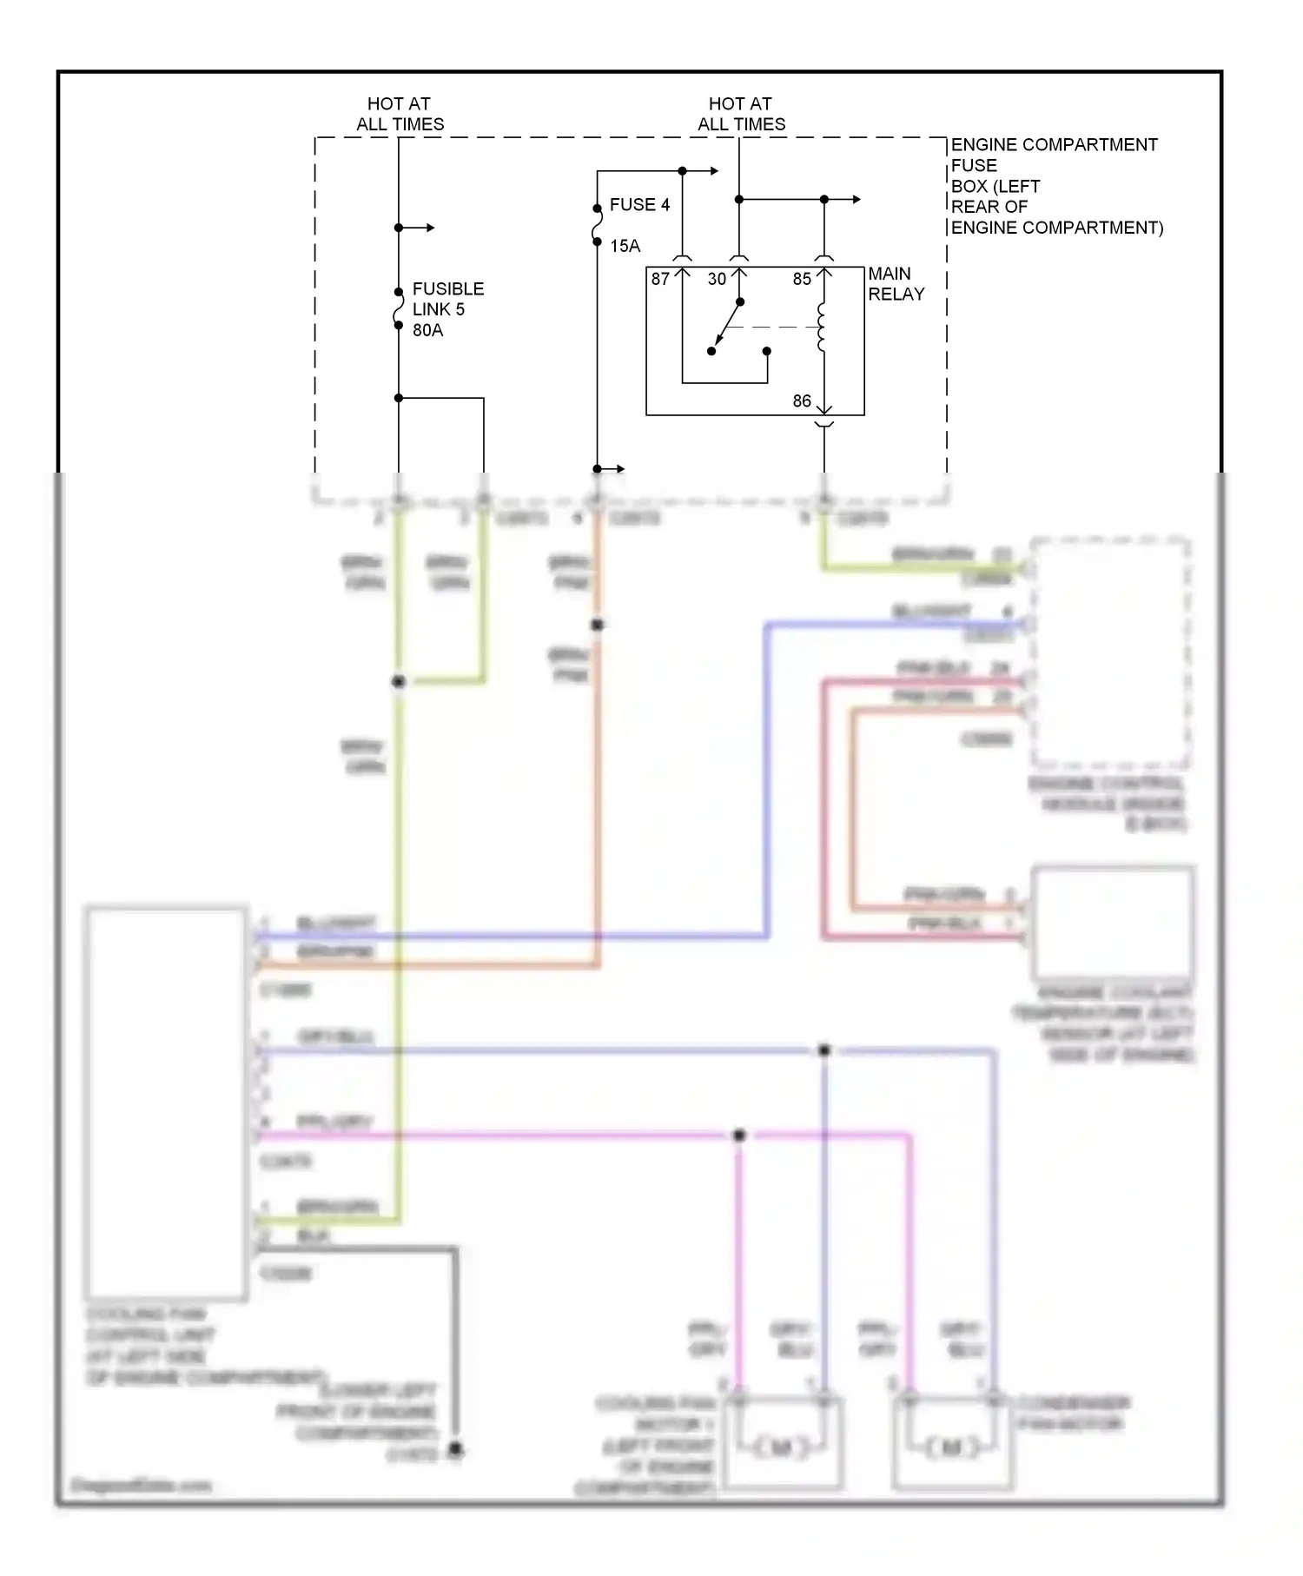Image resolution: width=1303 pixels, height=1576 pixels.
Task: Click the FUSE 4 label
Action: [x=639, y=205]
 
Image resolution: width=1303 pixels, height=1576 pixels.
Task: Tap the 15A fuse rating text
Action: [x=625, y=246]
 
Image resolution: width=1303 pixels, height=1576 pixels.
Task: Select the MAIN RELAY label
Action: [x=896, y=284]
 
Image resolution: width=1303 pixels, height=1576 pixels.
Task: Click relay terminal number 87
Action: [x=660, y=279]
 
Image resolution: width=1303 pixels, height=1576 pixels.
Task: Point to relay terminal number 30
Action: [x=717, y=279]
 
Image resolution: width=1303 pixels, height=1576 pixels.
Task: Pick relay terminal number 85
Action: [x=802, y=279]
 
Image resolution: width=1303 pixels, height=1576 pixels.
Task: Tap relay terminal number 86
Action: [x=802, y=401]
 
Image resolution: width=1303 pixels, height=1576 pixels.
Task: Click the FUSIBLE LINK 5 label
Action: [x=447, y=299]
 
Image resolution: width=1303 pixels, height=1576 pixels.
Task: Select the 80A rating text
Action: [x=427, y=330]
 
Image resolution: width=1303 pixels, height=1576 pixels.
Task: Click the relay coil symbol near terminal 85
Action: [x=822, y=328]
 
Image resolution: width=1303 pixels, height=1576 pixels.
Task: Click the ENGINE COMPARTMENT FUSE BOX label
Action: [x=1055, y=186]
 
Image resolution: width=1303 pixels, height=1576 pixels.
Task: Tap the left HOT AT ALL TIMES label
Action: [x=400, y=114]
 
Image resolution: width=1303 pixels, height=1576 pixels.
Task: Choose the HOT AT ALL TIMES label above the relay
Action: [x=741, y=114]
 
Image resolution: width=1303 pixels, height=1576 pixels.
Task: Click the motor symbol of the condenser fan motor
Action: [x=953, y=1447]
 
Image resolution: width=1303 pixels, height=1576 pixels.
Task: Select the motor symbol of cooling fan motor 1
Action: [x=782, y=1447]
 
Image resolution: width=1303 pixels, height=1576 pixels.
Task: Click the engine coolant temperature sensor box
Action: [x=1113, y=922]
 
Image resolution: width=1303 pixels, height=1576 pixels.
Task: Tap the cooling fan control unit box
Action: [x=166, y=1103]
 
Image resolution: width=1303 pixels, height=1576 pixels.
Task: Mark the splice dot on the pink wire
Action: [x=739, y=1135]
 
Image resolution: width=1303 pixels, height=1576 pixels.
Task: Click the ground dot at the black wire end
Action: [x=455, y=1449]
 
